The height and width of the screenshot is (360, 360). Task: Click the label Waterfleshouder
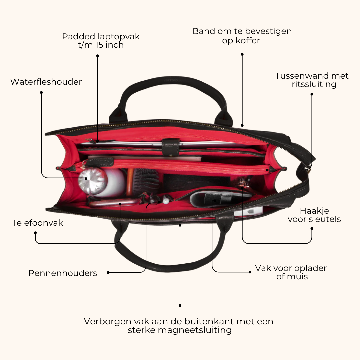click(x=46, y=82)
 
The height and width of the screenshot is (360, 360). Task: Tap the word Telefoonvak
click(x=37, y=223)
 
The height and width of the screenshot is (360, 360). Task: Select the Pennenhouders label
click(x=63, y=273)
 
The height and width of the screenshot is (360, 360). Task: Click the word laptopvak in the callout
click(x=119, y=37)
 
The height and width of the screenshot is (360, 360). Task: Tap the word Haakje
click(x=314, y=211)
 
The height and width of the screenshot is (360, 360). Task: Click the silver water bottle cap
click(x=92, y=180)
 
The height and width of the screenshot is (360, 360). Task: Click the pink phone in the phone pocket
click(x=114, y=203)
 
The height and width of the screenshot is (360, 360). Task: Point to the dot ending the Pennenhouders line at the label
click(x=108, y=273)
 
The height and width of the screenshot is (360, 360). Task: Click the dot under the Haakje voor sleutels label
click(x=312, y=228)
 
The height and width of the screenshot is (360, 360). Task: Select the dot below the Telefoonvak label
click(x=35, y=233)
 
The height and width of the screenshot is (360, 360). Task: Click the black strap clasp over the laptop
click(x=170, y=147)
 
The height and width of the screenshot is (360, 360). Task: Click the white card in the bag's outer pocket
click(x=248, y=211)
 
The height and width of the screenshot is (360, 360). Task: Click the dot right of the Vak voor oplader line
click(x=250, y=272)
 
